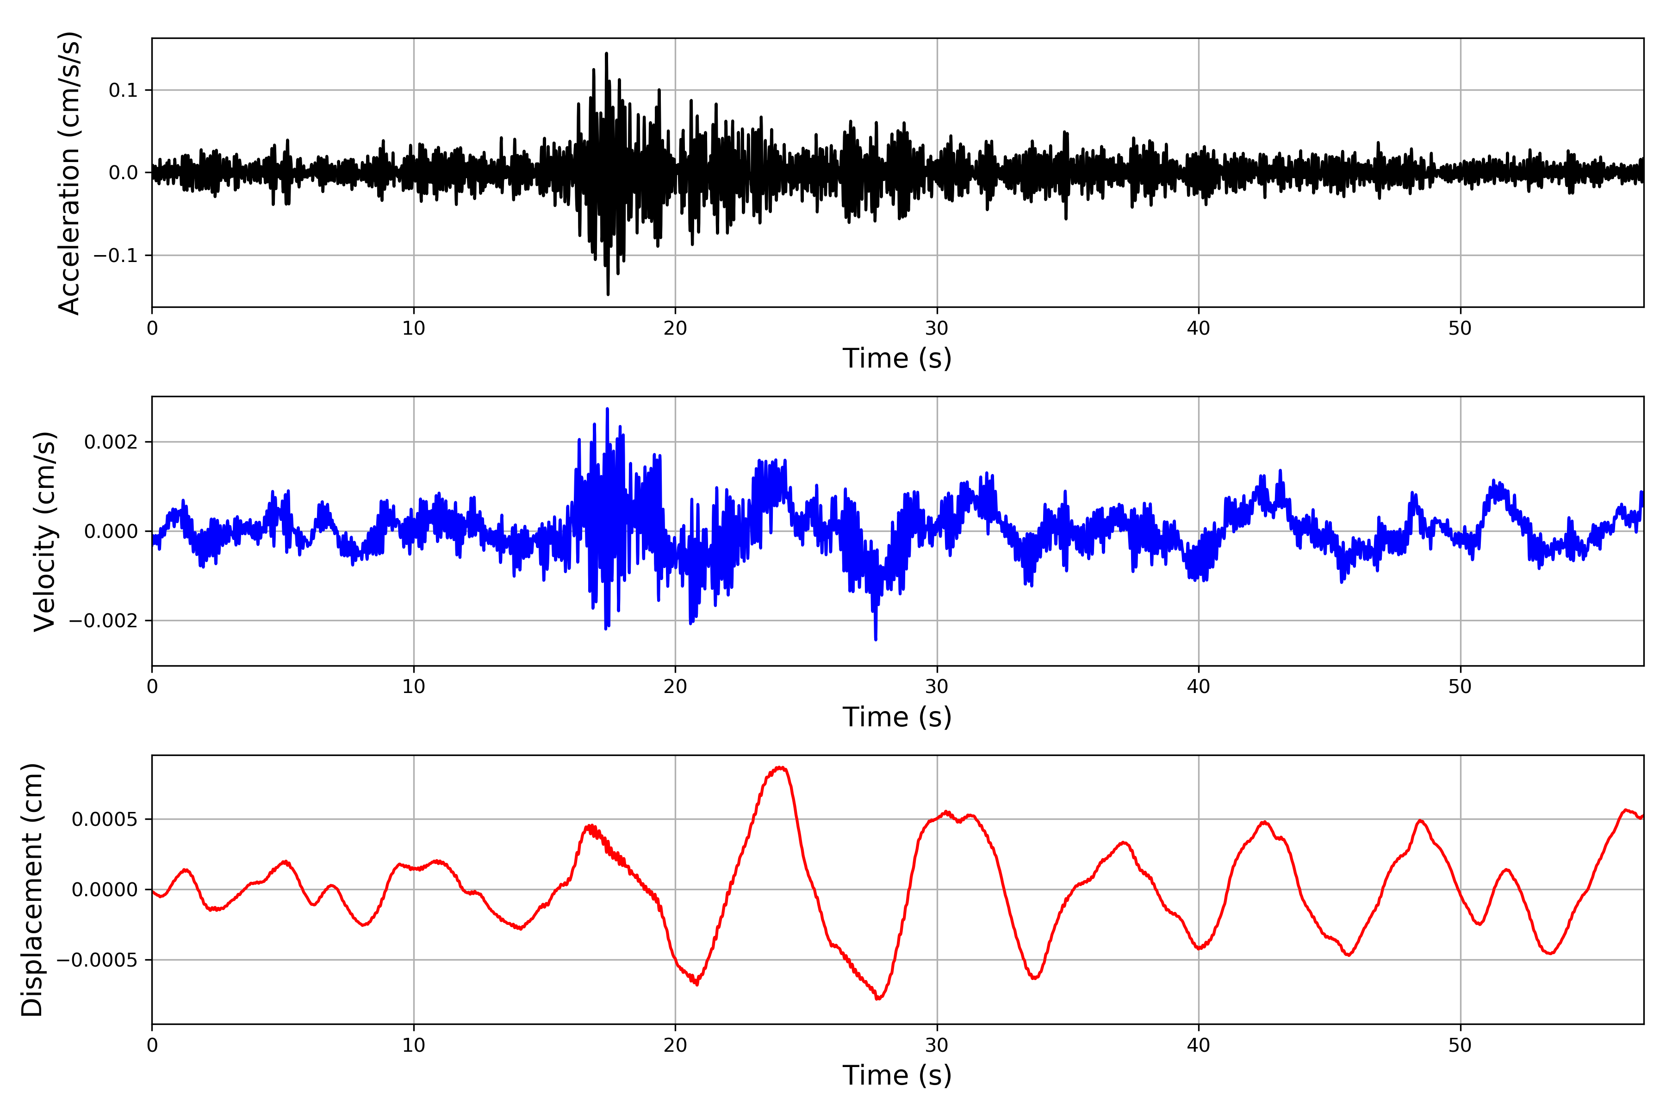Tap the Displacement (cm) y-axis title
point(32,889)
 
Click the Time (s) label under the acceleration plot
point(897,358)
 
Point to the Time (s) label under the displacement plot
point(897,1075)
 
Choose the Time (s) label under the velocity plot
point(897,717)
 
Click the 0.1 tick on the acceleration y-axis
point(123,90)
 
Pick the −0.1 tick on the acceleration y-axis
point(115,255)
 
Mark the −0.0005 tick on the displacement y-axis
point(97,960)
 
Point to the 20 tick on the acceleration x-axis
point(675,328)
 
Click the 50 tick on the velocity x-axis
point(1460,687)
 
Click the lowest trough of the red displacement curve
point(878,999)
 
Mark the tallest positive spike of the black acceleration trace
point(606,53)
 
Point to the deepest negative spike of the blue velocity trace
point(876,639)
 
